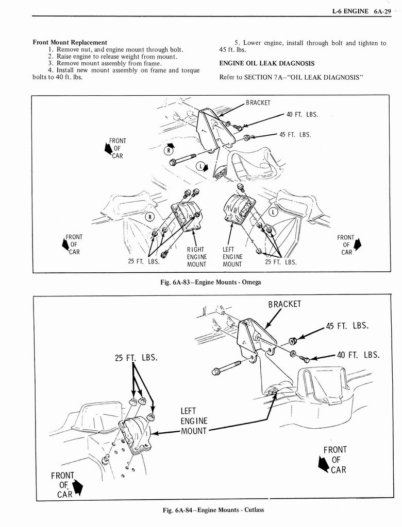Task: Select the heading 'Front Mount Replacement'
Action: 70,42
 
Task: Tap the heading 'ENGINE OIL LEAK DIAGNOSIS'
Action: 267,63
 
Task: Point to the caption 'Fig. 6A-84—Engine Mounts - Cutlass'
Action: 213,510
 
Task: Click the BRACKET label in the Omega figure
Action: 258,102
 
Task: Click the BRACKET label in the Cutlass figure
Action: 284,304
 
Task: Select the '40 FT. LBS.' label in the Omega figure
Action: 302,114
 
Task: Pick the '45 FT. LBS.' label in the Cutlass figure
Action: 347,326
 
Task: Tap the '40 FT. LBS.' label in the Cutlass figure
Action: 358,355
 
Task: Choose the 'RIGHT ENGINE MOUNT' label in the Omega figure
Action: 196,257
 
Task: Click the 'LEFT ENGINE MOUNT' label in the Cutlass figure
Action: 193,420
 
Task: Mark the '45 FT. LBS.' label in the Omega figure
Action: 295,135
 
